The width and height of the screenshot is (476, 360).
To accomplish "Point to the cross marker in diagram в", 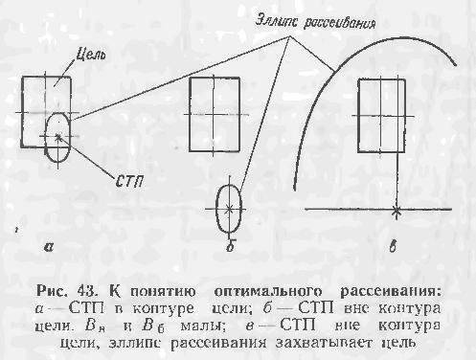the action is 397,208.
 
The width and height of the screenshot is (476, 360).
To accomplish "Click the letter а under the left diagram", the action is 47,247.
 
